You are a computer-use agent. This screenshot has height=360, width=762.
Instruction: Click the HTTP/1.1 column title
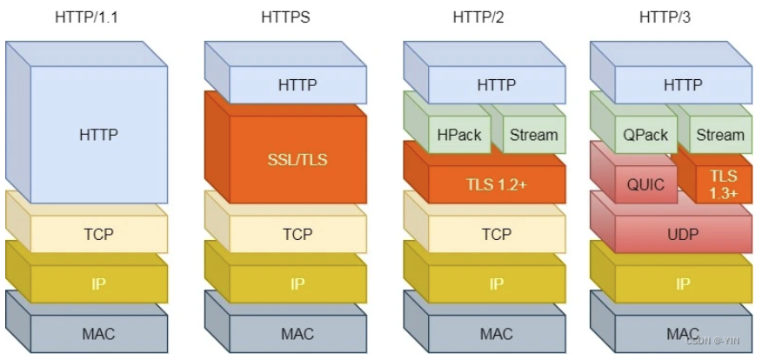tap(86, 17)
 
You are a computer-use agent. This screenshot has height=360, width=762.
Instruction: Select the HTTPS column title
tap(285, 17)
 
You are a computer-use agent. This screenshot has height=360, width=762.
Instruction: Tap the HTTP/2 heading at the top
tap(484, 17)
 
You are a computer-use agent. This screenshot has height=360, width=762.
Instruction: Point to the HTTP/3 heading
tap(670, 17)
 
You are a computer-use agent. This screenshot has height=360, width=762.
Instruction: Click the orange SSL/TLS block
tap(297, 159)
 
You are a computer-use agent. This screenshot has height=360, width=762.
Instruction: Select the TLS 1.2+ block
tap(496, 183)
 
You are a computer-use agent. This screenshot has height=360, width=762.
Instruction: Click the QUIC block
tap(646, 184)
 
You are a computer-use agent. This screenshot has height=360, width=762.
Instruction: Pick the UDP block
tap(683, 234)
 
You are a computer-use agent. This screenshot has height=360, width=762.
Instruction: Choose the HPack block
tap(458, 135)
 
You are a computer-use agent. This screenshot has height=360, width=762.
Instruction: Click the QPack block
tap(645, 135)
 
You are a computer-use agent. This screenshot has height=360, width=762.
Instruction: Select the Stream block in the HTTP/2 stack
tap(533, 135)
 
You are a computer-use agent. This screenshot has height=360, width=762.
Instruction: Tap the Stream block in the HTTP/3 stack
tap(720, 135)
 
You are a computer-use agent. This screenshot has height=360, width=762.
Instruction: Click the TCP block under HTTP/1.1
tap(98, 234)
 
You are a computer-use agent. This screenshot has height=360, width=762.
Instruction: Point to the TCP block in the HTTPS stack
tap(297, 234)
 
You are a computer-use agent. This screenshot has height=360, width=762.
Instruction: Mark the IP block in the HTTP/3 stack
tap(683, 283)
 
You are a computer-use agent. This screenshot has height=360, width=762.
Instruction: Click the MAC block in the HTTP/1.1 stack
tap(98, 333)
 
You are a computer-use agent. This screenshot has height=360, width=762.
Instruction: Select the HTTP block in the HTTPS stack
tap(297, 85)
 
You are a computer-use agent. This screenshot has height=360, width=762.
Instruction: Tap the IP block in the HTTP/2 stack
tap(496, 283)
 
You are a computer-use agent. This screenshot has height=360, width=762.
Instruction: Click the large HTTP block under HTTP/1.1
tap(98, 135)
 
